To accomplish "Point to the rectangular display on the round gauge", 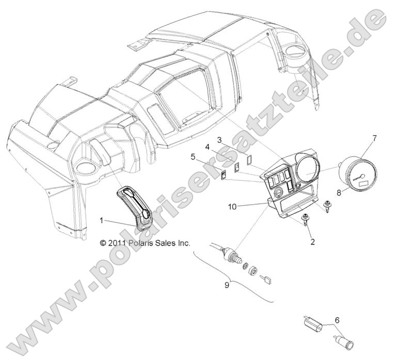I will (x=361, y=181).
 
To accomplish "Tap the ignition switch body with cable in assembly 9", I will (x=227, y=251).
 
